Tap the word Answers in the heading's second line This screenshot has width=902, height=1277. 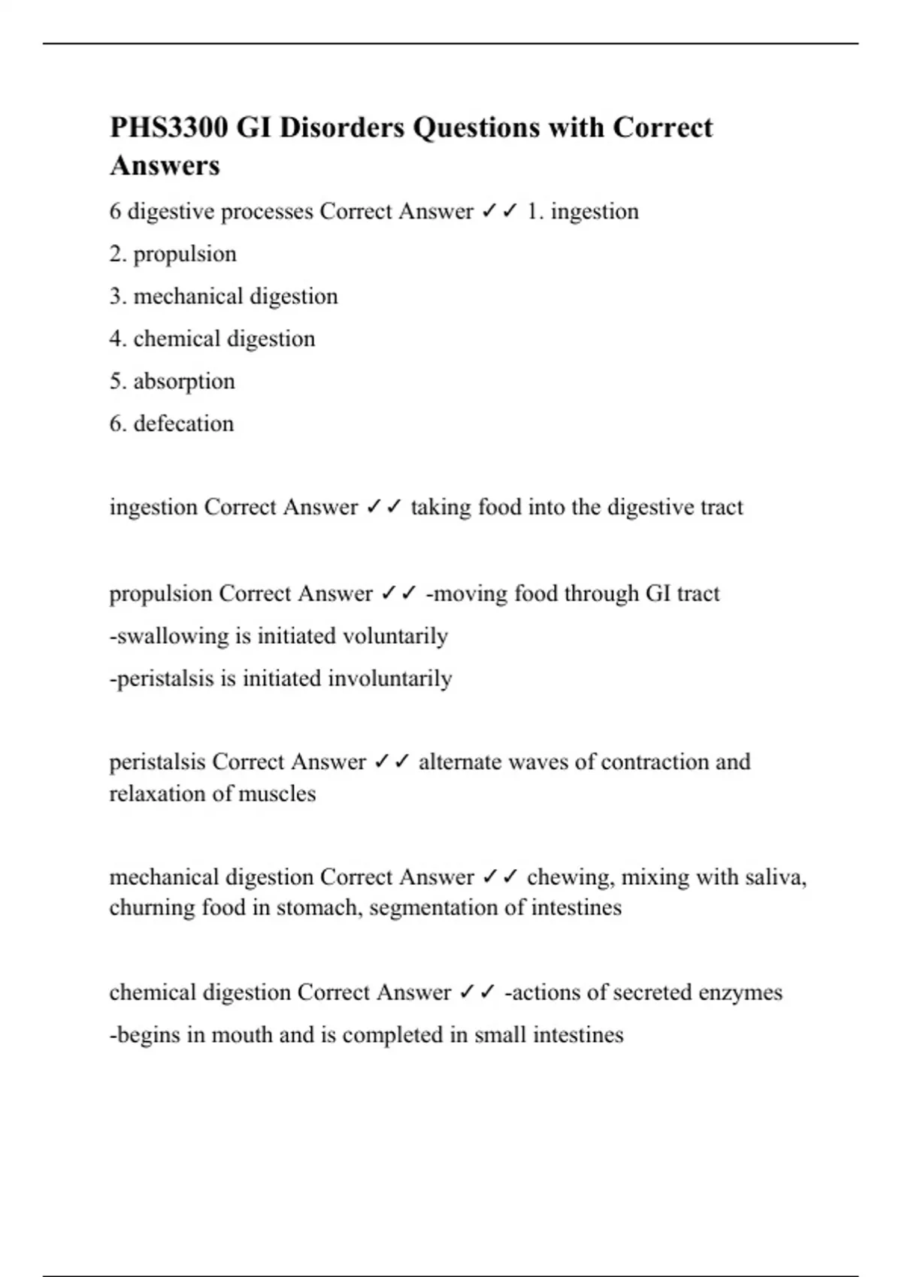165,165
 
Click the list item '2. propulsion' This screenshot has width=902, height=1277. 173,254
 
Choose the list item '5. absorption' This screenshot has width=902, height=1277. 172,381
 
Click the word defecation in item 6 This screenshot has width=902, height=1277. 183,424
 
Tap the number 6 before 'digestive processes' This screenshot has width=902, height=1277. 115,212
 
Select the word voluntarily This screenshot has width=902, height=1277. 395,636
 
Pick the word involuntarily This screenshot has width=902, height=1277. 389,678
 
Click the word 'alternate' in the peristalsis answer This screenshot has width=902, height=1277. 460,762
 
